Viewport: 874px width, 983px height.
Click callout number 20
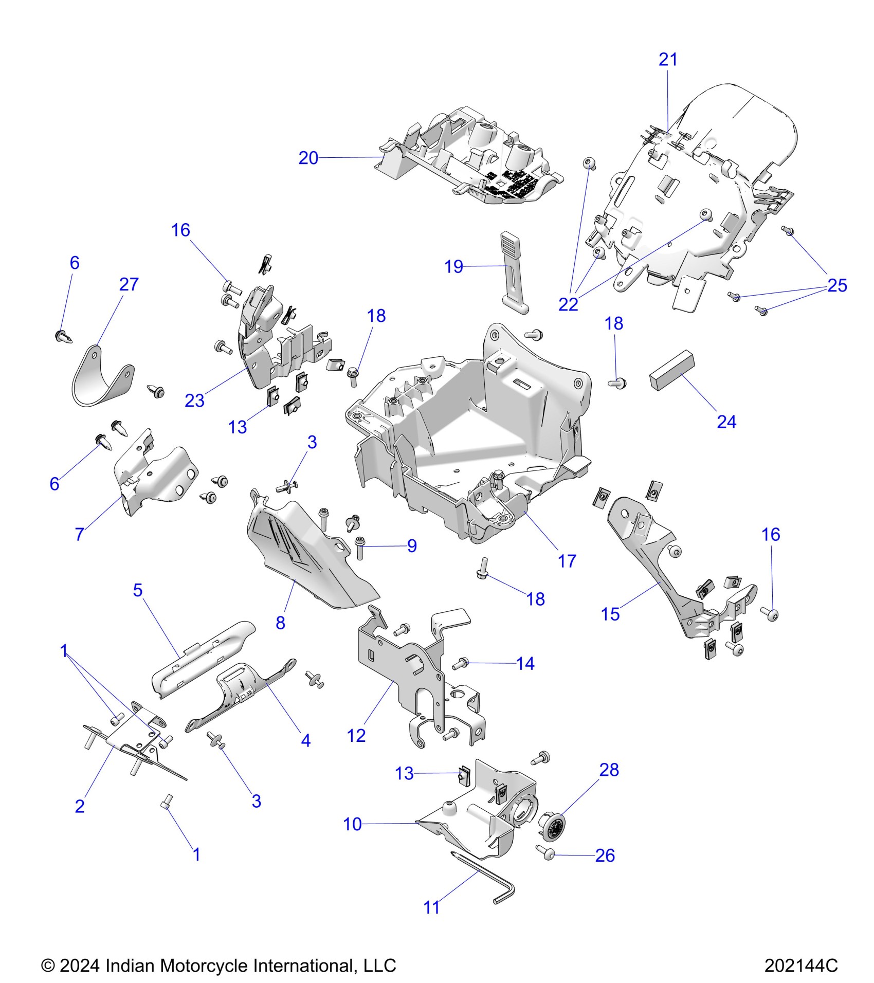point(308,158)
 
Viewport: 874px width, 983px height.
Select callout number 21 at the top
point(668,60)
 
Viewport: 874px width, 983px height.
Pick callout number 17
point(567,561)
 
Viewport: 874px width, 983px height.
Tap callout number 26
point(605,855)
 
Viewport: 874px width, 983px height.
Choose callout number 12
point(356,736)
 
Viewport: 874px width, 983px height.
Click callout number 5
point(137,590)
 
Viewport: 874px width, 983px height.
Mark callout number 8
point(280,623)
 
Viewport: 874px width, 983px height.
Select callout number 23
point(194,401)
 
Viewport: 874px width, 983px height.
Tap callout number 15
point(610,614)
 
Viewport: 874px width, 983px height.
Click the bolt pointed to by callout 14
point(460,663)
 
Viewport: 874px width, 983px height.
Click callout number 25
point(837,285)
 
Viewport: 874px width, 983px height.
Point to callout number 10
point(352,824)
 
